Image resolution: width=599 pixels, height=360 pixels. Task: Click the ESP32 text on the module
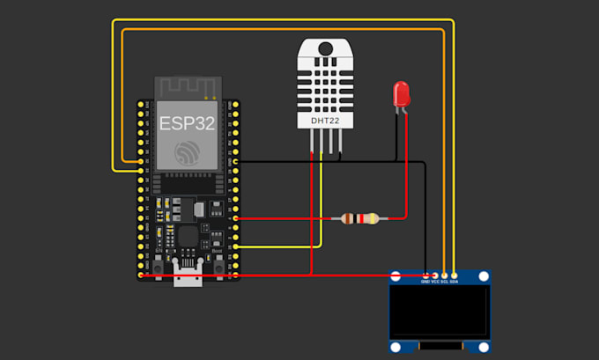tap(187, 122)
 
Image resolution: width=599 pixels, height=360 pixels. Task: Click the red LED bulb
tap(402, 92)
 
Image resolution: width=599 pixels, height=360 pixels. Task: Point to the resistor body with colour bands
tap(360, 218)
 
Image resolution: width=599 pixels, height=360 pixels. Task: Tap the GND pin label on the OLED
tap(425, 282)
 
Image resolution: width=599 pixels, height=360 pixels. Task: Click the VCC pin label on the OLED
tap(435, 282)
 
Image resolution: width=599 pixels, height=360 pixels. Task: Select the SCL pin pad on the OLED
tap(445, 276)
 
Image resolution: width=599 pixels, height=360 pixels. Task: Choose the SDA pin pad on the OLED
tap(455, 276)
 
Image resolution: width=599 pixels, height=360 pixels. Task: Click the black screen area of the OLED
tap(440, 312)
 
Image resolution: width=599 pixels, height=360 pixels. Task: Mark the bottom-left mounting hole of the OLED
tap(397, 346)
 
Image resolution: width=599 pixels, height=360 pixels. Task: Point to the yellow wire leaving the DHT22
tap(322, 202)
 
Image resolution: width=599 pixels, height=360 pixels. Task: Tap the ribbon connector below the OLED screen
tap(440, 349)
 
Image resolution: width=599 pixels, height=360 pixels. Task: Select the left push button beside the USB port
tap(158, 265)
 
